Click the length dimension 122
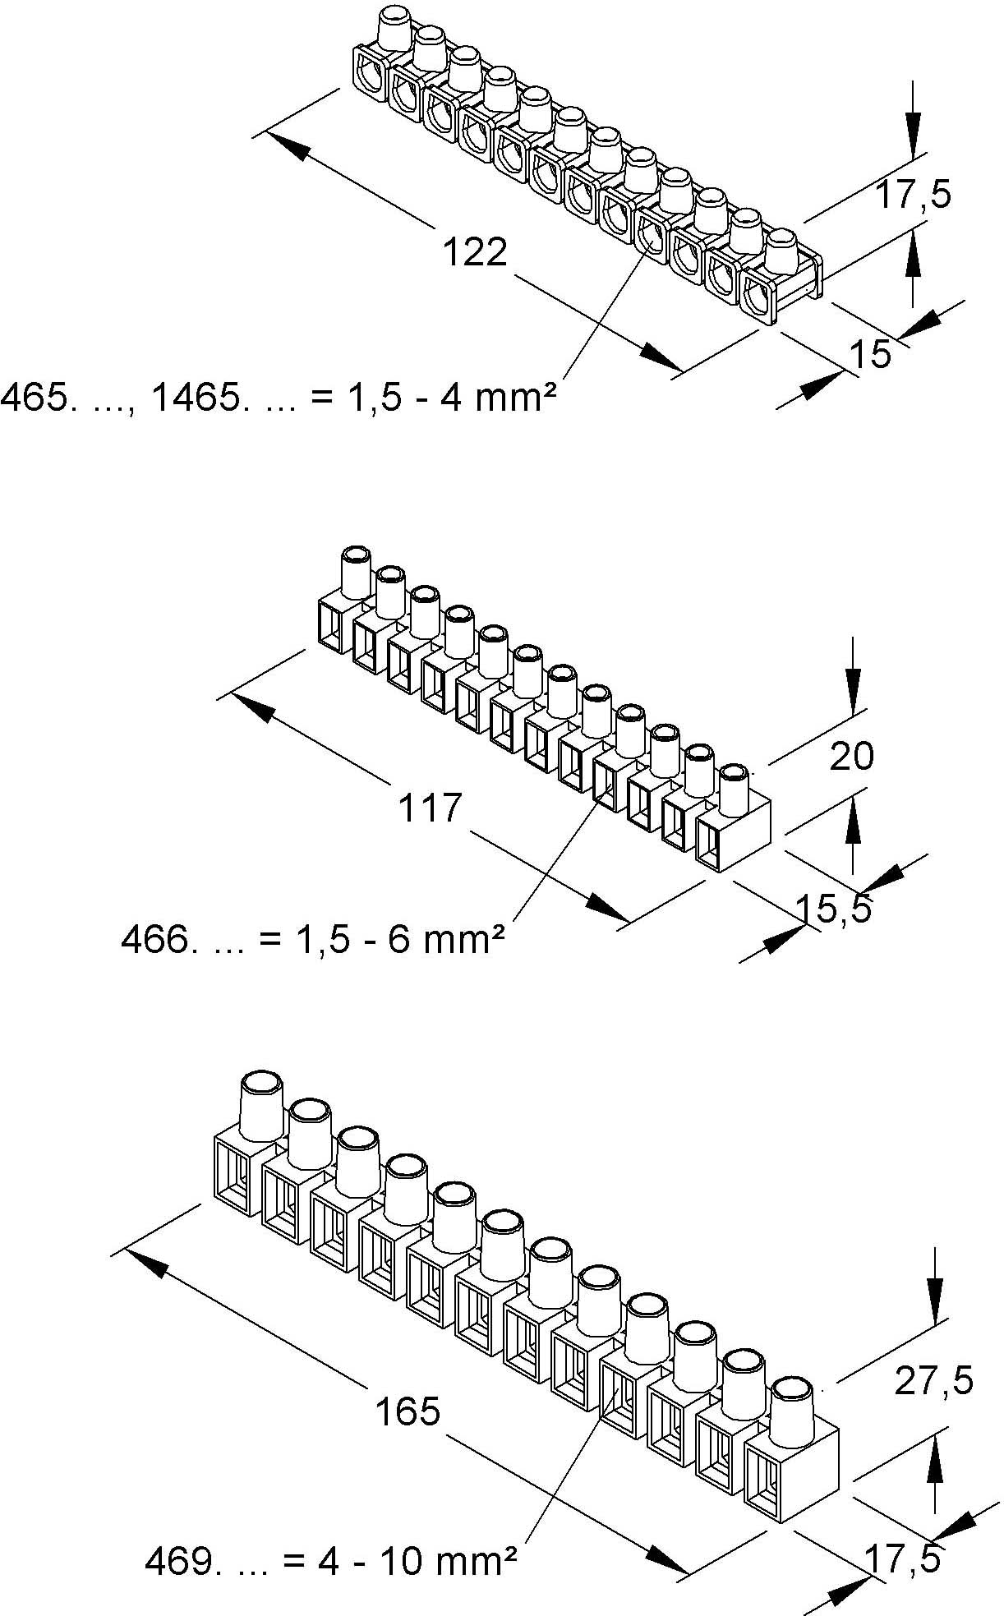tap(475, 252)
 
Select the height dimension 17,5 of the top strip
tap(912, 195)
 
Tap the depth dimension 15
tap(869, 353)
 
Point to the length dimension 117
tap(431, 807)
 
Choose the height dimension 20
tap(851, 755)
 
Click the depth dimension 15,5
tap(833, 909)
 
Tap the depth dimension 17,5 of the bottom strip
tap(900, 1558)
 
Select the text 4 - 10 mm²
tap(416, 1561)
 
